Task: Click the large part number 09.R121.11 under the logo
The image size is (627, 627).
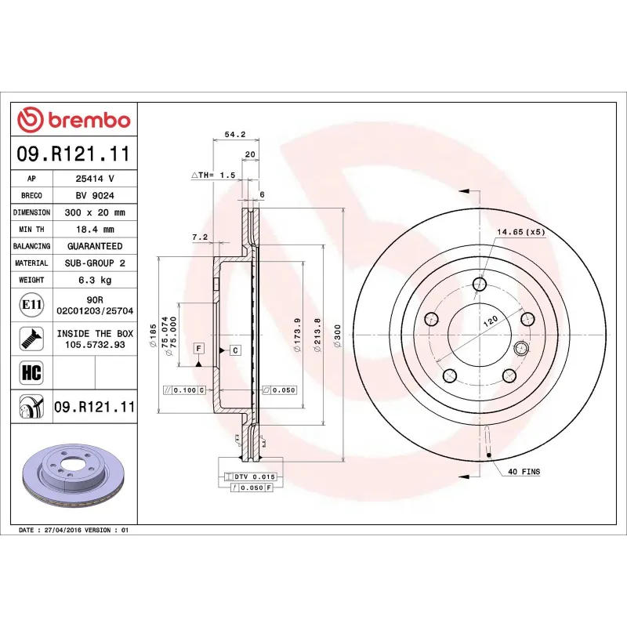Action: point(73,154)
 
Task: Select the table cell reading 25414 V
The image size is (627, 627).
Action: point(95,179)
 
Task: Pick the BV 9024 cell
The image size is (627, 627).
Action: point(95,196)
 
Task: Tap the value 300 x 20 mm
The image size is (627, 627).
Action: point(95,212)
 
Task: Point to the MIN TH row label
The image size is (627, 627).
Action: point(32,230)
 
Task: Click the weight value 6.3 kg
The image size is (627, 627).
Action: point(95,280)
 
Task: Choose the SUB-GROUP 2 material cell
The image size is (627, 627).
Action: point(95,263)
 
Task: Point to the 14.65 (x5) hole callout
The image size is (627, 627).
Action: point(520,232)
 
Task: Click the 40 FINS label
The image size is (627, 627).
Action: point(524,472)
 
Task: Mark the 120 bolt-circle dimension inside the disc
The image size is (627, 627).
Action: point(489,321)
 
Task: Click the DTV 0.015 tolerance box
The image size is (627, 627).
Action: point(251,477)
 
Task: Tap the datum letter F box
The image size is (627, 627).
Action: point(198,347)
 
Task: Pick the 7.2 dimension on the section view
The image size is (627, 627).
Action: point(199,236)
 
